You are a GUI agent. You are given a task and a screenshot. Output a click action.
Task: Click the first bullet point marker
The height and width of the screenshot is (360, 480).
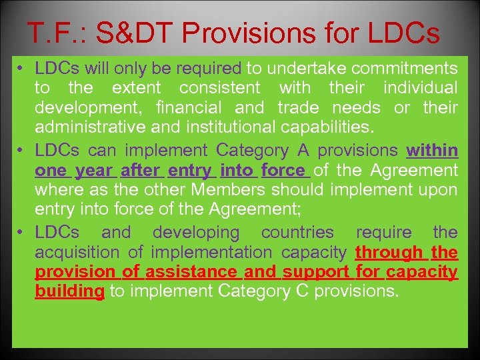[x=22, y=69]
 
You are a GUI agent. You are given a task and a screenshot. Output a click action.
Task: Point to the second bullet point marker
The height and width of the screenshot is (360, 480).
[x=22, y=151]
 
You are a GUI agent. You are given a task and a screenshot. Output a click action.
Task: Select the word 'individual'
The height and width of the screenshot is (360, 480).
[x=420, y=88]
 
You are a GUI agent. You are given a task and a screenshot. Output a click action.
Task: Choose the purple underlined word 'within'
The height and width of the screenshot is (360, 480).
[x=433, y=151]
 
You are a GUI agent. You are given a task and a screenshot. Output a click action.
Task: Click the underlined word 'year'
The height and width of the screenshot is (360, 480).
[x=94, y=171]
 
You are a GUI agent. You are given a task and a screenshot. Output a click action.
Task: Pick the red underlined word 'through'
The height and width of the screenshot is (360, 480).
[x=389, y=253]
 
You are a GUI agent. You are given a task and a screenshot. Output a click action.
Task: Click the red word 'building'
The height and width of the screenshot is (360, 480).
[x=69, y=291]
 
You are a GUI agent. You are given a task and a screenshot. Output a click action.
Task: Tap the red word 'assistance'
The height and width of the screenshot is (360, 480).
[x=191, y=272]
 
